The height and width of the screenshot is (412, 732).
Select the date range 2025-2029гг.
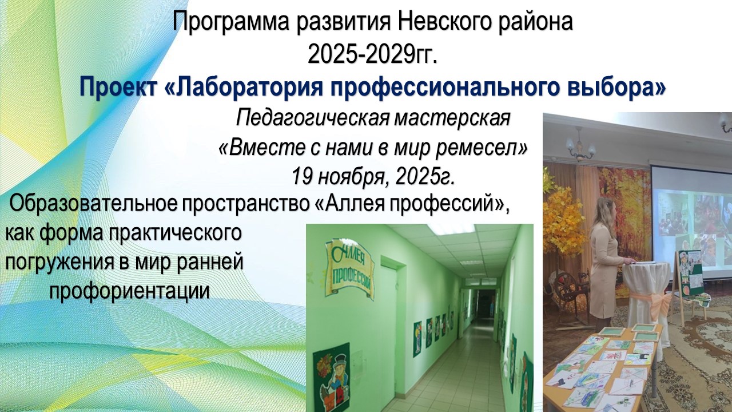[x=372, y=55]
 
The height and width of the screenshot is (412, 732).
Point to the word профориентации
[x=130, y=291]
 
